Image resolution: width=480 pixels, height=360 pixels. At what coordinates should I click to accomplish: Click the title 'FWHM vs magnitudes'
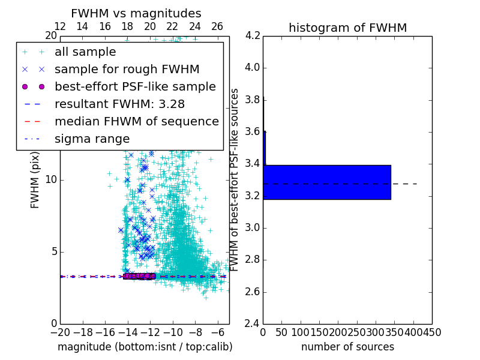point(136,13)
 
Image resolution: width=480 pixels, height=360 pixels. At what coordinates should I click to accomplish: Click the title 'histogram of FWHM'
point(347,28)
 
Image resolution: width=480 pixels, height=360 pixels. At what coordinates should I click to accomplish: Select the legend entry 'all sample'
point(85,52)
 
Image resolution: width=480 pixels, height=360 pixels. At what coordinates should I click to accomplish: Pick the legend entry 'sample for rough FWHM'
point(127,70)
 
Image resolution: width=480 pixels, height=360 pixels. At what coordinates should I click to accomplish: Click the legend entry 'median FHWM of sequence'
point(136,122)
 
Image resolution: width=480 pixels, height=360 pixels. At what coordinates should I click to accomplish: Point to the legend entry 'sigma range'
point(92,139)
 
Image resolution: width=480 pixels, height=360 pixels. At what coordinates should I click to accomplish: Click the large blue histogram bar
point(327,182)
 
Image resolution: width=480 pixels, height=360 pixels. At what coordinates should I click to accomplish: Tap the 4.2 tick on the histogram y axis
point(252,35)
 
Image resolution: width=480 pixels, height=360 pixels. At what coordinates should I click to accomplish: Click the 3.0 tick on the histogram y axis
point(252,228)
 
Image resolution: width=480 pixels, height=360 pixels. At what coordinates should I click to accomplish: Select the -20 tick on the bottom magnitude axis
point(60,332)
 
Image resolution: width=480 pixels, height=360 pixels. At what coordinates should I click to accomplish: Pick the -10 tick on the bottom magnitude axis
point(173,332)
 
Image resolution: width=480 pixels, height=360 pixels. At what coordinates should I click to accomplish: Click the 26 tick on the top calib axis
point(217,26)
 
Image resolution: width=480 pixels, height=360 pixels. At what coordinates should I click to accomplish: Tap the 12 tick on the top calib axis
point(60,26)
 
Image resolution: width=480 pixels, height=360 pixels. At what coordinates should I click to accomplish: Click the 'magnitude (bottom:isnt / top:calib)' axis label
point(145,347)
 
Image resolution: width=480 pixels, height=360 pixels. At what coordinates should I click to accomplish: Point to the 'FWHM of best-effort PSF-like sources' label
point(235,179)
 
